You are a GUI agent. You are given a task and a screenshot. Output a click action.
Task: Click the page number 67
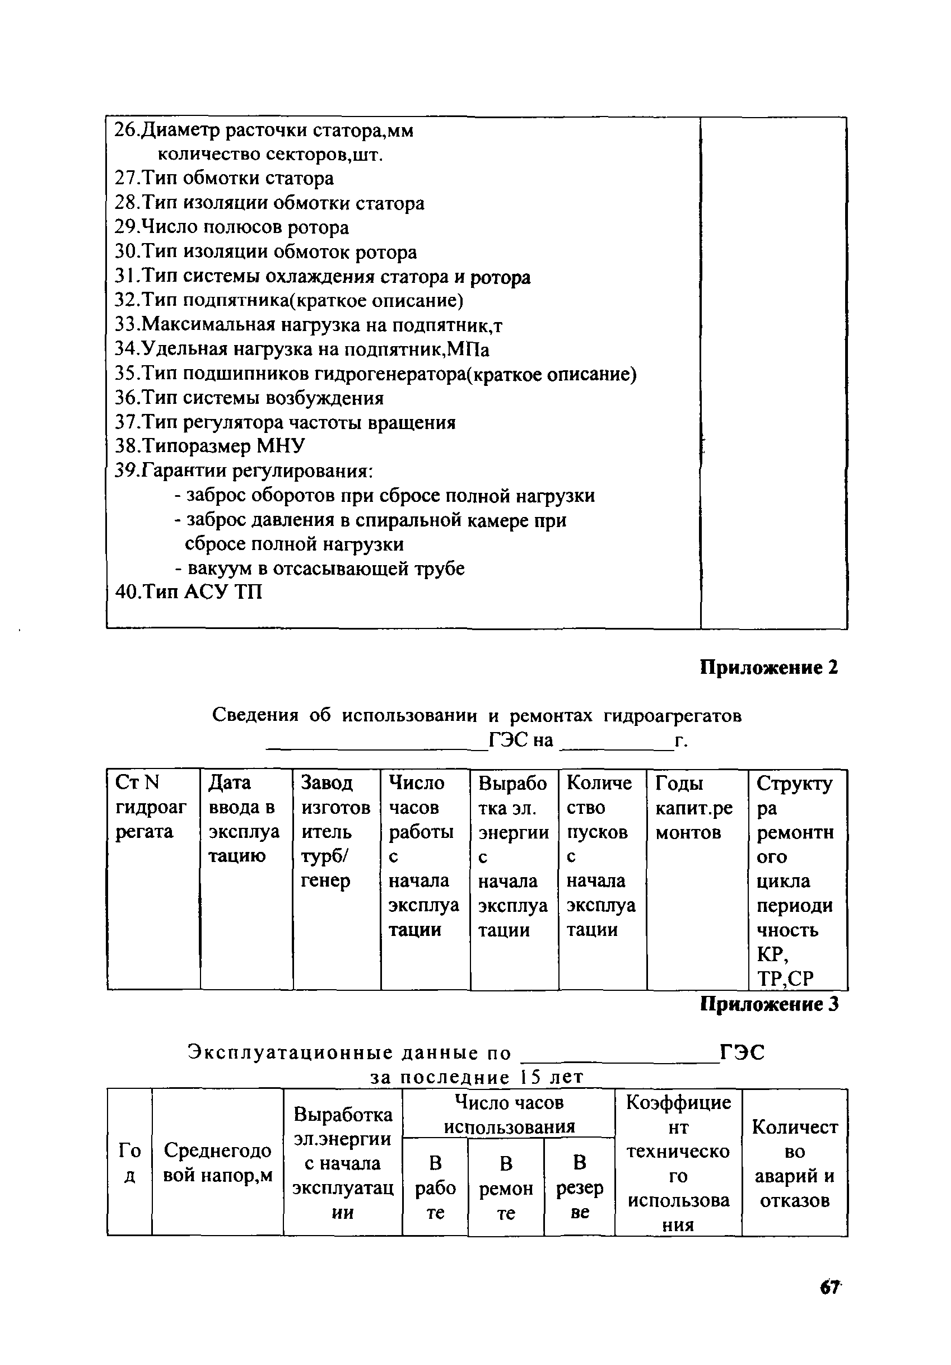coord(830,1304)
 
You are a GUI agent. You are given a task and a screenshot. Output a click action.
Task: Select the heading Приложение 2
coord(768,668)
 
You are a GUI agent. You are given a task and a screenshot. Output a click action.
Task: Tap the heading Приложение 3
coord(768,1004)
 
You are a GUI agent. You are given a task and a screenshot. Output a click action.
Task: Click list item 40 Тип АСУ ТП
coord(188,592)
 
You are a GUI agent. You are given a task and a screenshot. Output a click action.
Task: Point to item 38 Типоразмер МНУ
coord(210,446)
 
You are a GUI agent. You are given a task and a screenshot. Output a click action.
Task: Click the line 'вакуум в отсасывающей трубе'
coord(320,569)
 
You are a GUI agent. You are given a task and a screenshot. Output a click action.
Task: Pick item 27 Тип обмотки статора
coord(224,178)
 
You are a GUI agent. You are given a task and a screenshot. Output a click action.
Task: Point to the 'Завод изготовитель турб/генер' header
coord(336,831)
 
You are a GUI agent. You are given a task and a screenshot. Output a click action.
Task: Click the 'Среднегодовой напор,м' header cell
coord(217,1163)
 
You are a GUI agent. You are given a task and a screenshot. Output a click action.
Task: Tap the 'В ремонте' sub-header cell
coord(506,1188)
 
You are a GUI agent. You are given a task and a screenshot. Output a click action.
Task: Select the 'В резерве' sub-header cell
coord(580,1187)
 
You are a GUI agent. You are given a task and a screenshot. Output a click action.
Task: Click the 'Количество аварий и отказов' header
coord(795,1163)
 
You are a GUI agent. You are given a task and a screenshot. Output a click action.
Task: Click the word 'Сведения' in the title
coord(255,715)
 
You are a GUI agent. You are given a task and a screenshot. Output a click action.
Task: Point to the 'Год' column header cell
coord(129,1163)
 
